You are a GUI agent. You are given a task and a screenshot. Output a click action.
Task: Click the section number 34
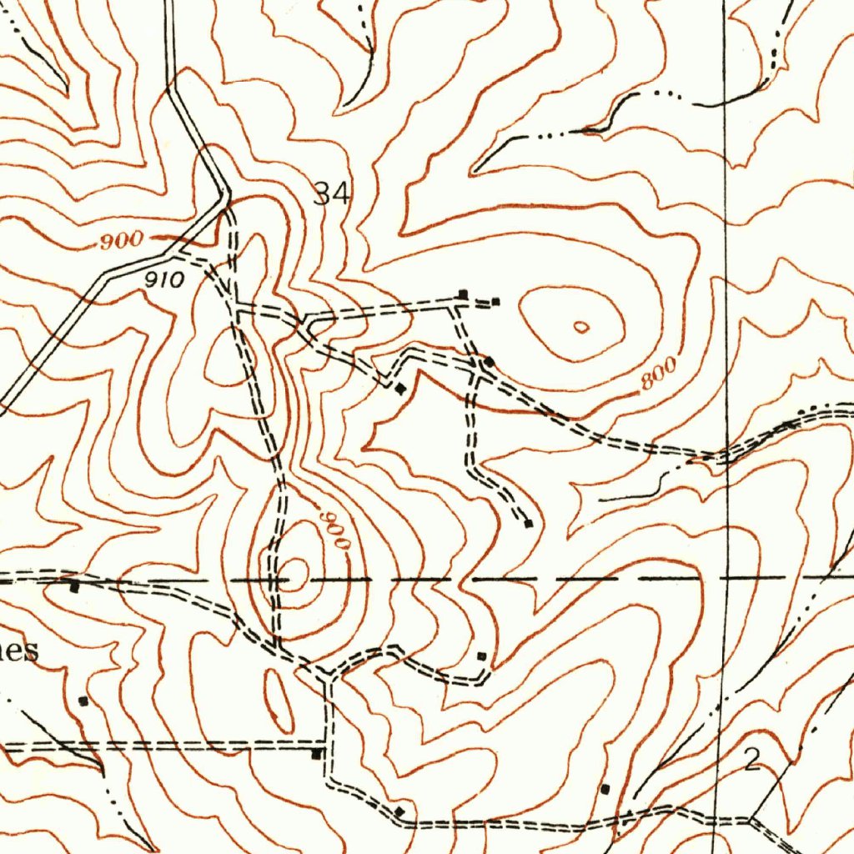[x=333, y=193]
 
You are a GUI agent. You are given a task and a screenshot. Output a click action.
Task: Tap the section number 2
[x=752, y=760]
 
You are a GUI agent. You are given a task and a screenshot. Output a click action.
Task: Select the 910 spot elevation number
[x=163, y=280]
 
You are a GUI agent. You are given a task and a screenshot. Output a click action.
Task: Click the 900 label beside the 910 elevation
[x=120, y=242]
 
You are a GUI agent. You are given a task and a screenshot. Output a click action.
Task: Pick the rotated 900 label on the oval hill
[x=336, y=529]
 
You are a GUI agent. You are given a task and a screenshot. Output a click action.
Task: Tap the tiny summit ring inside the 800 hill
[x=581, y=327]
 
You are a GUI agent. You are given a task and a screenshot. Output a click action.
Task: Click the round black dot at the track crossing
[x=490, y=362]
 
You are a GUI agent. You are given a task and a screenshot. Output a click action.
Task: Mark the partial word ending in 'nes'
[x=18, y=651]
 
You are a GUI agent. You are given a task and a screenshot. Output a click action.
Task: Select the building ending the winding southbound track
[x=528, y=524]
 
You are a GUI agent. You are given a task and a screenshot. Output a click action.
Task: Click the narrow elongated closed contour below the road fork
[x=279, y=701]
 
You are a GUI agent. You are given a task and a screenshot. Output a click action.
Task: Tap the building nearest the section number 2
[x=605, y=788]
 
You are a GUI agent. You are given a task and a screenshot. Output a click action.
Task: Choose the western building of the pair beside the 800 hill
[x=464, y=294]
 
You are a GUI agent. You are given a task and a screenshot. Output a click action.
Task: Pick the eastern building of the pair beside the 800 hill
[x=496, y=301]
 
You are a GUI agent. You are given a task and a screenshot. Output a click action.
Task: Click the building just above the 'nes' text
[x=74, y=588]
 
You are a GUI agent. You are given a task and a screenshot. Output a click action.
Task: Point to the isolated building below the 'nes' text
[x=82, y=701]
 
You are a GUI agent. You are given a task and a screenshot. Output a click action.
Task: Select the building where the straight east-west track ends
[x=316, y=754]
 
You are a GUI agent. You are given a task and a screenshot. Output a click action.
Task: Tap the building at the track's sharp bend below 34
[x=400, y=389]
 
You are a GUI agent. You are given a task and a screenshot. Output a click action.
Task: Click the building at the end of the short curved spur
[x=480, y=656]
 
